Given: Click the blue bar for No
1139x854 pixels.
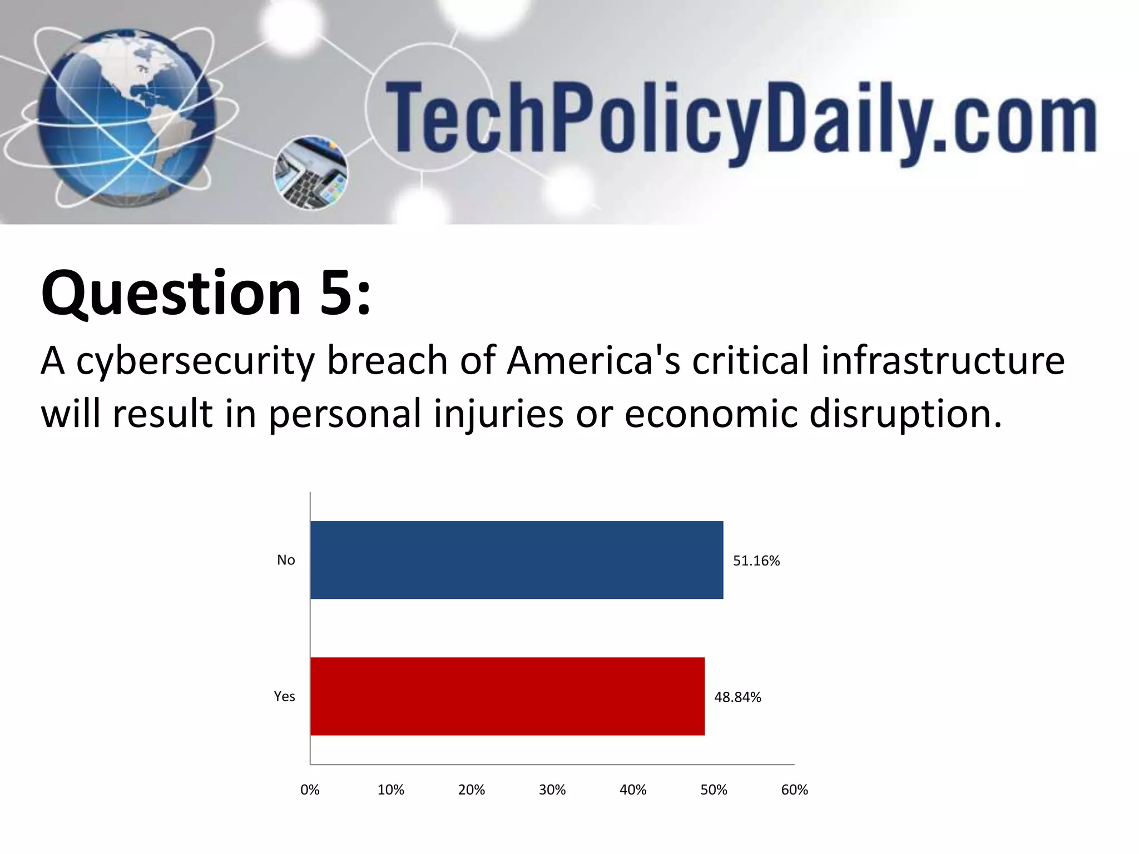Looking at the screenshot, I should pos(517,560).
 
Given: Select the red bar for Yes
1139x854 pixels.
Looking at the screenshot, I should pos(507,696).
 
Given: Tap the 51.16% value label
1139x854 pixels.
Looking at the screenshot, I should pos(756,561).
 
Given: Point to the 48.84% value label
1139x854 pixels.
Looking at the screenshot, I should pos(737,697).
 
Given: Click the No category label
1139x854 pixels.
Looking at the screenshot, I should pos(286,560).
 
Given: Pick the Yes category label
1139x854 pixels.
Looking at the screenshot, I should pos(284,696).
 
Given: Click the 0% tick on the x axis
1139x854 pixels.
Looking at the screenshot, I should pos(310,790).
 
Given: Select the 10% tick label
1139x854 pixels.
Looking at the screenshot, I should pos(390,790).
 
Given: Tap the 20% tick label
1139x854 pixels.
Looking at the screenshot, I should pos(471,790).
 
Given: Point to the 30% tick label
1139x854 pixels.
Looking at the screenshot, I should pos(552,790).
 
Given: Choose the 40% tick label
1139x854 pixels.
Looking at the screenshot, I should pos(633,790).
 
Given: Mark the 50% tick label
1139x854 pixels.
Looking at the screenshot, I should pos(714,790).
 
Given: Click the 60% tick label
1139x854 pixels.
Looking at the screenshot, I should pos(794,790).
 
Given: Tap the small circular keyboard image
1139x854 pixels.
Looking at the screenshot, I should pos(311,173).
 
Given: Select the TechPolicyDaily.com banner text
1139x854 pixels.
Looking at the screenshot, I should pos(740,120).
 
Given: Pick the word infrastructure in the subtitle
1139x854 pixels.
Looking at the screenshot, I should pos(943,360).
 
